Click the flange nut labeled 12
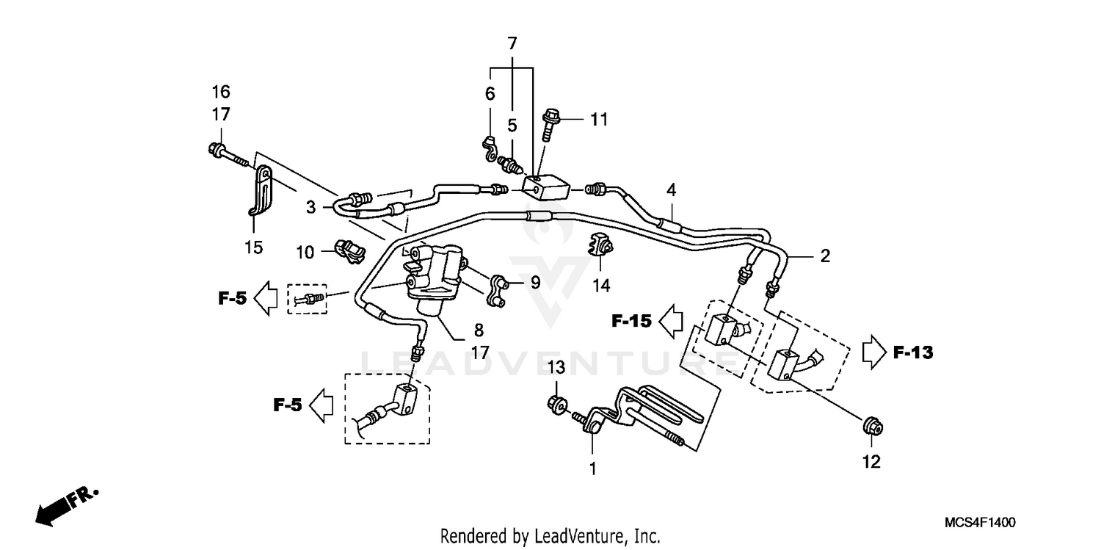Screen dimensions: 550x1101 click(871, 425)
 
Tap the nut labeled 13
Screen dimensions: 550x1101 click(557, 402)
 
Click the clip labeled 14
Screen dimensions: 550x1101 click(600, 245)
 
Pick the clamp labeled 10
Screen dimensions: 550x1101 click(351, 251)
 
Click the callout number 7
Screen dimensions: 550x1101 click(512, 43)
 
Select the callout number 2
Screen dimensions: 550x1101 click(825, 256)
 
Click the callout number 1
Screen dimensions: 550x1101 click(592, 468)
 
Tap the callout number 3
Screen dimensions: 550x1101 click(311, 207)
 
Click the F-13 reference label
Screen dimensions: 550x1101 click(912, 353)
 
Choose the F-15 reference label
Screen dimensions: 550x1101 click(631, 321)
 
